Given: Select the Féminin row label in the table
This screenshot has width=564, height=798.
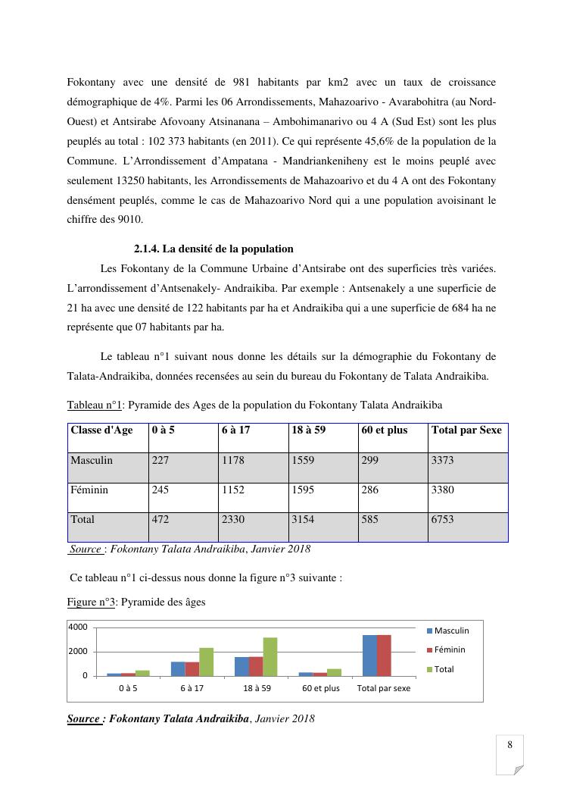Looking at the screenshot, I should coord(89,490).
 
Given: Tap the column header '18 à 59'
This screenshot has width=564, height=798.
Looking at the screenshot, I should coord(308,430).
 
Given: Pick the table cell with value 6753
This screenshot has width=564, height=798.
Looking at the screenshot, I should coord(443,520).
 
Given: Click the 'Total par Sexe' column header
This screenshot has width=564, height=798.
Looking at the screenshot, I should coord(466,430).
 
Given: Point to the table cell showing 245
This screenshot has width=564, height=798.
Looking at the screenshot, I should coord(160,490).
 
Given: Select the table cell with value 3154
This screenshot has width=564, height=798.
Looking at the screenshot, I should coord(304,520).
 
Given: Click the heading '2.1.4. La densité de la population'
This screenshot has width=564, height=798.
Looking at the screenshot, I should coord(213,249).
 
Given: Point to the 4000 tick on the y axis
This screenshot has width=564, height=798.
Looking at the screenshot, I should coord(78,627).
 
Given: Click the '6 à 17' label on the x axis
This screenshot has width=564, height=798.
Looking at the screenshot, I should coord(192,689).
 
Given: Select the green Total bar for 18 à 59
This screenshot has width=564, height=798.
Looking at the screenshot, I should coord(270,656).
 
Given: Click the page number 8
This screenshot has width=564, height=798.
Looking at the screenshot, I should coord(510,745).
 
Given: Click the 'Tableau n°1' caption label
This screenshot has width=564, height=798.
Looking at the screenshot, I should coord(95,405).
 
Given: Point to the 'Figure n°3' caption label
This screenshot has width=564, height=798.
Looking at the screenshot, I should coord(91,602).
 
